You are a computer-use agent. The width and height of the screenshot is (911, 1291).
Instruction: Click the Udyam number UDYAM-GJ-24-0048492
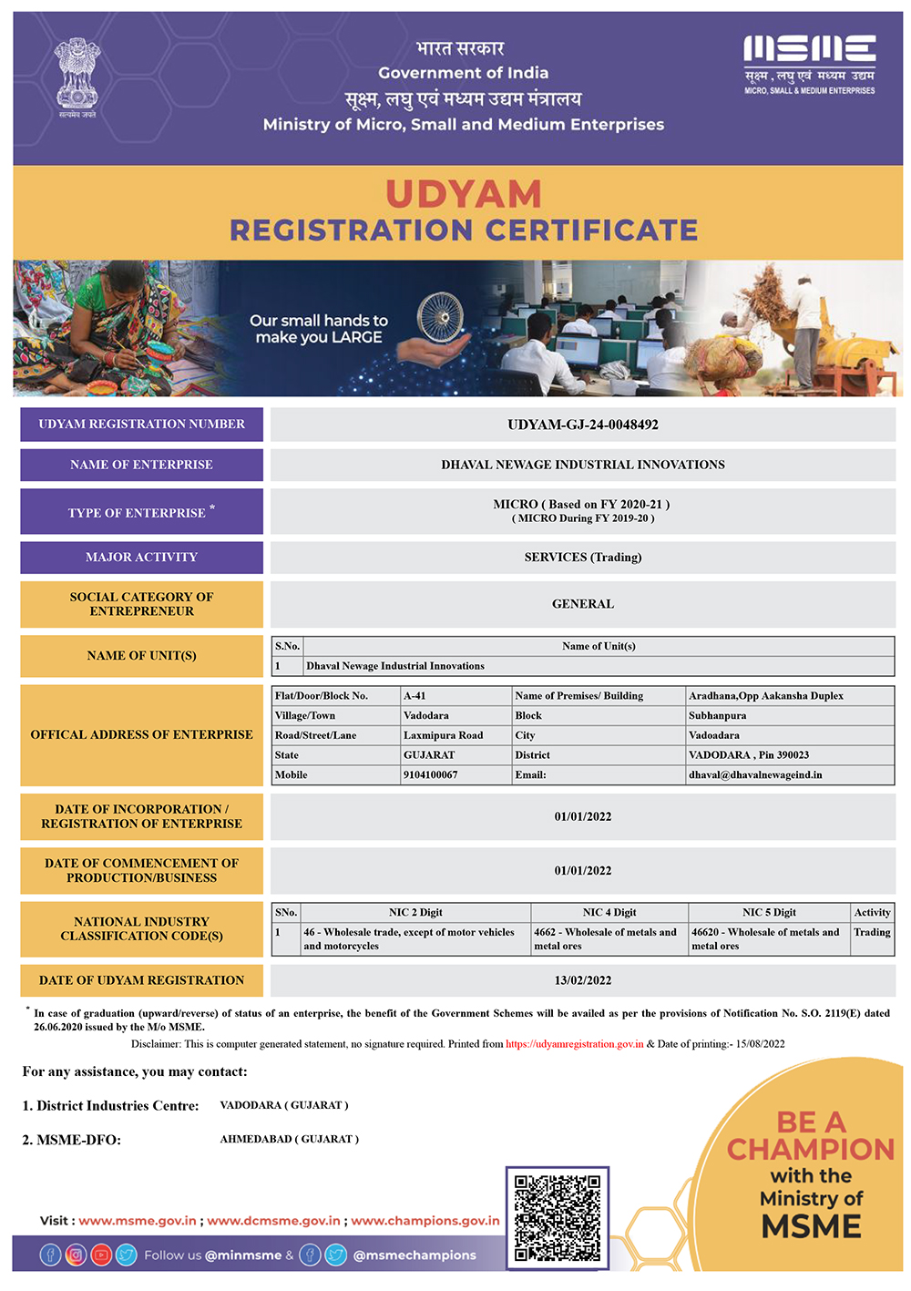[x=583, y=425]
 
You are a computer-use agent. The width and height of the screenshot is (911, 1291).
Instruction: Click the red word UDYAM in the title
[x=464, y=194]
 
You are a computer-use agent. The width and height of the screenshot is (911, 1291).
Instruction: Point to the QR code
[x=558, y=1218]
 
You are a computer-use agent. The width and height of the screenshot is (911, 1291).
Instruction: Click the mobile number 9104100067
[x=431, y=775]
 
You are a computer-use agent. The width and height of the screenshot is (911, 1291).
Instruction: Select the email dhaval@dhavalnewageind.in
[x=755, y=775]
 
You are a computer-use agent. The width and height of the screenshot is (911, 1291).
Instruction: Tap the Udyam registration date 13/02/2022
[x=583, y=980]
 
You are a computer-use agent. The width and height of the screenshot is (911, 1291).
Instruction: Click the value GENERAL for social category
[x=583, y=604]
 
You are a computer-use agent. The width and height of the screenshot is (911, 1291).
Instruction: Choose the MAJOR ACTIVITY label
[x=141, y=558]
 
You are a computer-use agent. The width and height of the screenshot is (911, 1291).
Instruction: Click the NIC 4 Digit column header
[x=609, y=912]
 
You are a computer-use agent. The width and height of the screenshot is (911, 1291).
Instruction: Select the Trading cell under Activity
[x=872, y=932]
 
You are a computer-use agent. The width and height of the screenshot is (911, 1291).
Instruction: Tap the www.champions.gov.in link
[x=425, y=1221]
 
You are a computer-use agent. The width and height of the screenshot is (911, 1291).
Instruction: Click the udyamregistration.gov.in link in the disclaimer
[x=575, y=1044]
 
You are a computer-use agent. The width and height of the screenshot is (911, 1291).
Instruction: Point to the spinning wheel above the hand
[x=440, y=318]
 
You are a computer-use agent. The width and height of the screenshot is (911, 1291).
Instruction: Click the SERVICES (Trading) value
[x=583, y=558]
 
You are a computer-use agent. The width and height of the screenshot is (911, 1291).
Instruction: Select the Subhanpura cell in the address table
[x=718, y=716]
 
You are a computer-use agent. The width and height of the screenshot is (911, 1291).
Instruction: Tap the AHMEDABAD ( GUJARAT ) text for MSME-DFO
[x=290, y=1139]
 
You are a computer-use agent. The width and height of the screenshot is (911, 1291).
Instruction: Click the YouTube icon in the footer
[x=101, y=1255]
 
